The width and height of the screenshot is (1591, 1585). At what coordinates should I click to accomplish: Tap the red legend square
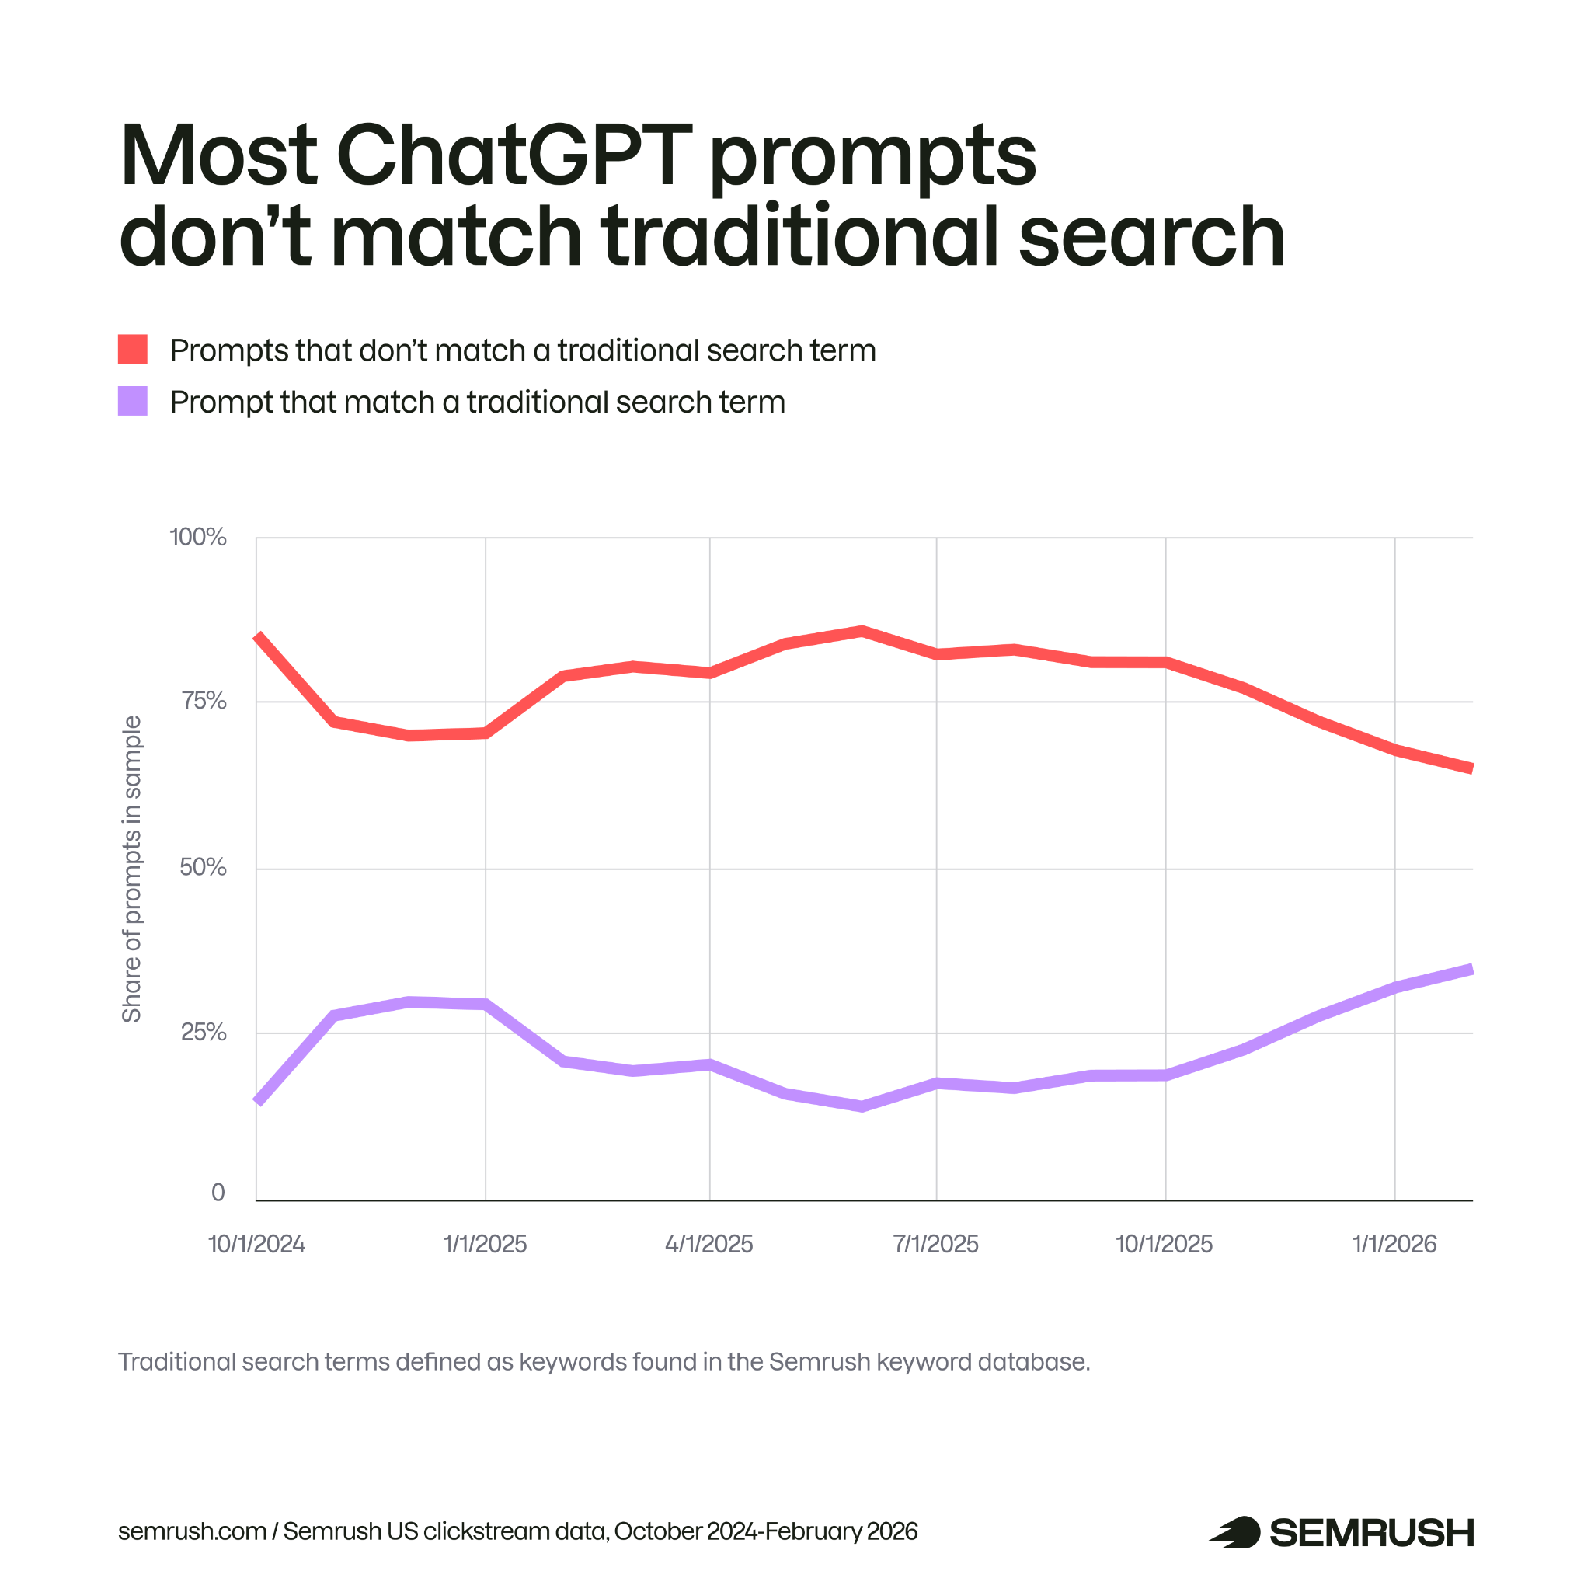(133, 350)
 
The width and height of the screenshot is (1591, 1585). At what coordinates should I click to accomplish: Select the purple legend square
(133, 401)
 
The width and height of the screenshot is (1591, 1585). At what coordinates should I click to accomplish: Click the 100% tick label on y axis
(197, 537)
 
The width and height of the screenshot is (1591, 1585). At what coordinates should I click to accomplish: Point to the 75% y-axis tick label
(203, 701)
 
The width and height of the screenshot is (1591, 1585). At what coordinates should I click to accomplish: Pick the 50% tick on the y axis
(203, 867)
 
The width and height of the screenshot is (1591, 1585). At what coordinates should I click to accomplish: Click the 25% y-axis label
(203, 1033)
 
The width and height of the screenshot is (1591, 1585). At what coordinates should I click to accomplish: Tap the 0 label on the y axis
(218, 1193)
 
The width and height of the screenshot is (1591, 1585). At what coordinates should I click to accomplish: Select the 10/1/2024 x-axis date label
(256, 1245)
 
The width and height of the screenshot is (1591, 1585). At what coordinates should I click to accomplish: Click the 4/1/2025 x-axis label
(709, 1245)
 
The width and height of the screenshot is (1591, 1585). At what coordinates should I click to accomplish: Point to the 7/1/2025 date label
(935, 1245)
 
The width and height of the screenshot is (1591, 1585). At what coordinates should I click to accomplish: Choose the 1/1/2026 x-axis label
(1394, 1245)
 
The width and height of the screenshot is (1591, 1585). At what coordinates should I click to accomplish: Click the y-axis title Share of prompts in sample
(132, 869)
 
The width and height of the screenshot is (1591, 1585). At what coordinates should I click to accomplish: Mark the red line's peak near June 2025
(862, 631)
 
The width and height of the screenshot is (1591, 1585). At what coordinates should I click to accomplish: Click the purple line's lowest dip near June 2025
(862, 1106)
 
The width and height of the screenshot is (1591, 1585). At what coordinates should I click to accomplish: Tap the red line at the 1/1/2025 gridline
(485, 733)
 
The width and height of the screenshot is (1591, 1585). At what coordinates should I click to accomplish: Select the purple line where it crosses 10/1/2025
(1165, 1075)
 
